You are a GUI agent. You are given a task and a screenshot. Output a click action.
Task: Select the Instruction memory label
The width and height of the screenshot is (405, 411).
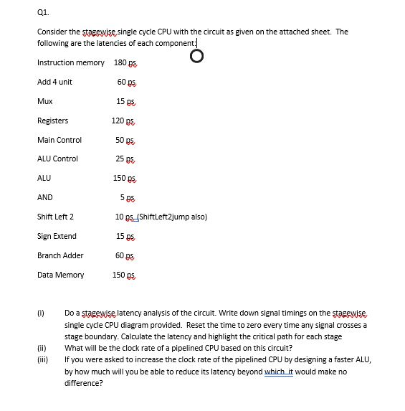click(x=71, y=62)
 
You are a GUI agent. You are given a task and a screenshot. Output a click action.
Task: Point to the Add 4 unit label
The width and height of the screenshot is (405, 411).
click(x=54, y=82)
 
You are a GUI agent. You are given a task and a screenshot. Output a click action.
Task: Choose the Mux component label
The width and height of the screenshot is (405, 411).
click(x=44, y=101)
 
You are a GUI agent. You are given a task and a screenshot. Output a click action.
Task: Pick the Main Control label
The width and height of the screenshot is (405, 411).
click(x=59, y=140)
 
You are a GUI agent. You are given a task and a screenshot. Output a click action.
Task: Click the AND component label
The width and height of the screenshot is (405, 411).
click(x=45, y=197)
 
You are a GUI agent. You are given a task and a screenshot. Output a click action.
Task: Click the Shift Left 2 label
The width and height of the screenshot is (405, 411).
click(x=55, y=217)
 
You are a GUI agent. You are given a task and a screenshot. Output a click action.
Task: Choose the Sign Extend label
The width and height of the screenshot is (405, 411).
click(x=57, y=236)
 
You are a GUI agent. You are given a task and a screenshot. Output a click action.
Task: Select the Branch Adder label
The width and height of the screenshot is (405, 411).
click(x=60, y=255)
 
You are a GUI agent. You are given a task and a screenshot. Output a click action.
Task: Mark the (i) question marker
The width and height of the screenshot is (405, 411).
click(x=41, y=313)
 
